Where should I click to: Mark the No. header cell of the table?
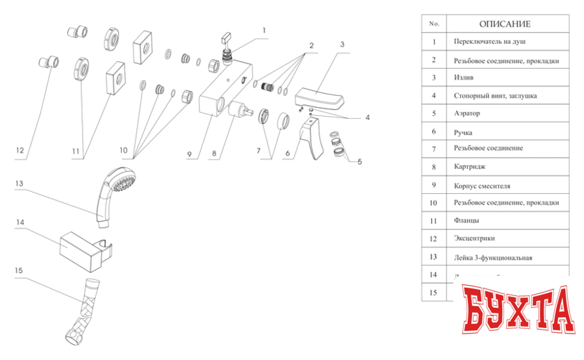[x=435, y=24]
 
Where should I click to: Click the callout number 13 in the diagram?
[x=19, y=183]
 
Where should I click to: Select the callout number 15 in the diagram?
[x=19, y=270]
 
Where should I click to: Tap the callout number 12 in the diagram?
[x=19, y=150]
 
